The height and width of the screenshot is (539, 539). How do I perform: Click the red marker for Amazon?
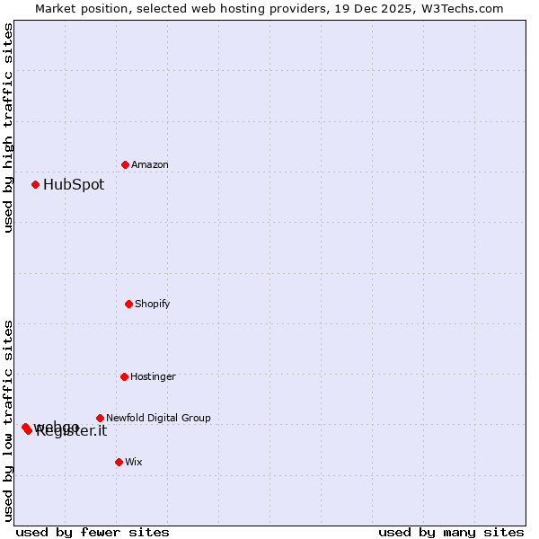tap(125, 164)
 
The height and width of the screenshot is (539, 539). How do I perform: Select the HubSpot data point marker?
tap(35, 184)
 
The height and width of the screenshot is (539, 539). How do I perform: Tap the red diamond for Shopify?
tap(128, 304)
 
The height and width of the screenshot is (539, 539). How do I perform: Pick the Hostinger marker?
tap(124, 376)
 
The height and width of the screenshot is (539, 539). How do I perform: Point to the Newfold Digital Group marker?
tap(100, 418)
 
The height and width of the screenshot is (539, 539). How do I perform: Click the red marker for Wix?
tap(119, 462)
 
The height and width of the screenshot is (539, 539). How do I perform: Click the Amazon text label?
tap(150, 164)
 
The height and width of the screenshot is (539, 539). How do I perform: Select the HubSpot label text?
tap(74, 185)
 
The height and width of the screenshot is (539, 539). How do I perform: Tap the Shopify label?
tap(153, 304)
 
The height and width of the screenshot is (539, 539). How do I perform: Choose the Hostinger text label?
tap(153, 376)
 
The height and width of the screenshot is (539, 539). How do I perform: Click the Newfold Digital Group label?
tap(158, 418)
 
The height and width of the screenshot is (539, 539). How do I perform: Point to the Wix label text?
tap(134, 462)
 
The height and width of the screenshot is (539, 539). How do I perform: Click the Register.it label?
tap(72, 432)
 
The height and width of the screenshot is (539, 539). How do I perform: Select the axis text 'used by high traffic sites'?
tap(9, 128)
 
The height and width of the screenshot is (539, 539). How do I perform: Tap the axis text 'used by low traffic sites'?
tap(9, 420)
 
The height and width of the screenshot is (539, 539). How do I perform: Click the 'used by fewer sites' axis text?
tap(93, 532)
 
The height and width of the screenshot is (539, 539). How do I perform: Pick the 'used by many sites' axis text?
tap(451, 532)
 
